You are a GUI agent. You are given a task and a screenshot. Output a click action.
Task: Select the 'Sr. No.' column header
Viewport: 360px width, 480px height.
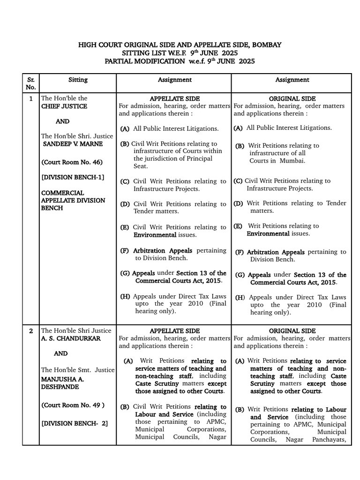point(30,83)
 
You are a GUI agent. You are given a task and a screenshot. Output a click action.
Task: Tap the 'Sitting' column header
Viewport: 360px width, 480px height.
point(78,80)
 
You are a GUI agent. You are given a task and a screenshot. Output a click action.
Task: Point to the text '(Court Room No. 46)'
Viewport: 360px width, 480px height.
point(71,162)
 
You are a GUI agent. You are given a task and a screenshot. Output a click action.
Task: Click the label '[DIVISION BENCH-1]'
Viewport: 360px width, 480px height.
point(73,177)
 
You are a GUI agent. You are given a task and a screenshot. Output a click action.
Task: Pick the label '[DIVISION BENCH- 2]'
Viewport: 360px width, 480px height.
point(75,423)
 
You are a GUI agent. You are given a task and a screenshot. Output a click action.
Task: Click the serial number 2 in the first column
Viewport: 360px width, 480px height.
point(31,331)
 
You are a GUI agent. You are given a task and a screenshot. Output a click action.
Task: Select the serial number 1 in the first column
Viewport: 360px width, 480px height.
point(31,98)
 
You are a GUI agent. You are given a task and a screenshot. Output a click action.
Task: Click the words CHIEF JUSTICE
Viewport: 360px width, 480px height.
point(64,106)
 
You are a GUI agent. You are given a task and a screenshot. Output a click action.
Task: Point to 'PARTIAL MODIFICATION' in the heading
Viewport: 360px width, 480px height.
point(145,61)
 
